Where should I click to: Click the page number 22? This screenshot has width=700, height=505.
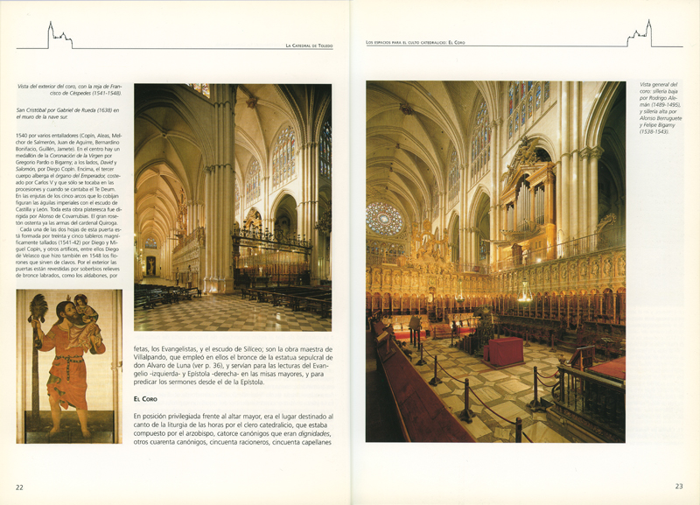(x=20, y=487)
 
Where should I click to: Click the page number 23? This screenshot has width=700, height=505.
(x=678, y=487)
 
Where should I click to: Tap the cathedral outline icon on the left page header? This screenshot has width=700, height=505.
(x=59, y=37)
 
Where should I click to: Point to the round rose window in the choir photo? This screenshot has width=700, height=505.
(x=384, y=218)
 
